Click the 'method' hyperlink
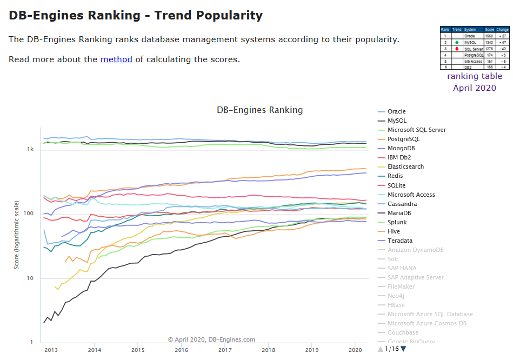point(116,59)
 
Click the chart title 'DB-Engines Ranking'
point(259,110)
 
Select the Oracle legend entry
point(396,111)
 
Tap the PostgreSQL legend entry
point(403,139)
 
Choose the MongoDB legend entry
point(401,148)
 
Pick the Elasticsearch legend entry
point(405,166)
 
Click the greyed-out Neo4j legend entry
point(396,296)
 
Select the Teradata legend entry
point(400,241)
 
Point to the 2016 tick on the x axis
point(181,350)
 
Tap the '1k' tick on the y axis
point(31,149)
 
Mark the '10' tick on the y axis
point(31,278)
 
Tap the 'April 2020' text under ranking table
point(474,88)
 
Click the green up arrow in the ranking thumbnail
point(457,42)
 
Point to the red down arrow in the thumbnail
point(457,49)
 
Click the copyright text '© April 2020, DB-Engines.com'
point(211,340)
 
